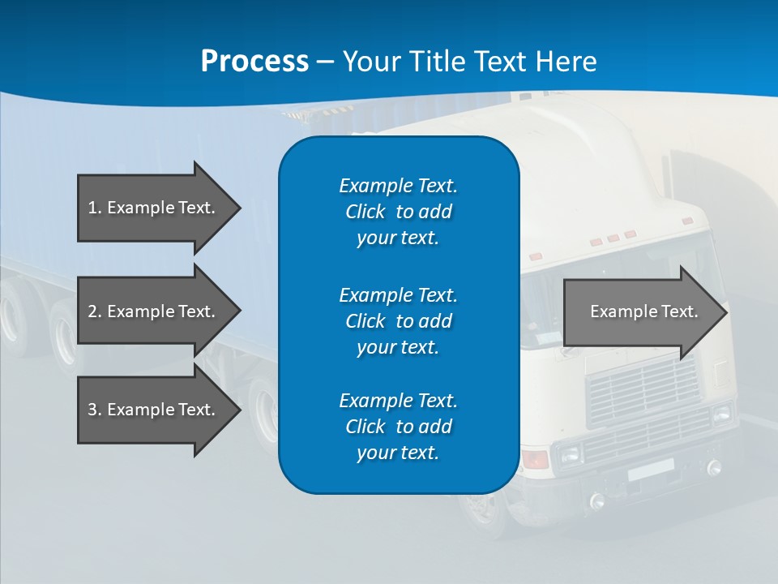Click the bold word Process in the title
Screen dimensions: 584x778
click(254, 62)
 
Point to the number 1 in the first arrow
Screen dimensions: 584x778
click(92, 208)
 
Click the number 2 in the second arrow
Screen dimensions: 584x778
click(92, 311)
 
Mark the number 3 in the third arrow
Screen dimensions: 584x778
click(92, 410)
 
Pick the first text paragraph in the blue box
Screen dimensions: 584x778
click(398, 212)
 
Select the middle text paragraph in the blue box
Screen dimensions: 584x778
click(398, 320)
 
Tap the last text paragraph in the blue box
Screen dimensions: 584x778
click(398, 427)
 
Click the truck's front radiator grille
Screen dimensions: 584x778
click(642, 389)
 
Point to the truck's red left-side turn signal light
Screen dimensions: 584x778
click(535, 459)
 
